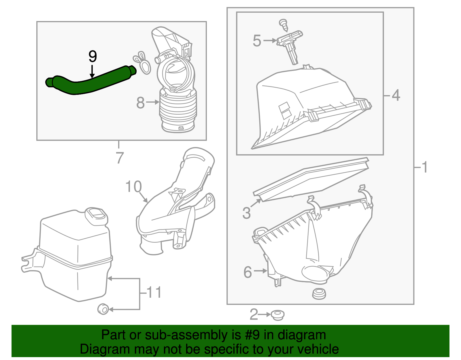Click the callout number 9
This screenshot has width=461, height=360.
point(92,56)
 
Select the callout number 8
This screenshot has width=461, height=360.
point(140,103)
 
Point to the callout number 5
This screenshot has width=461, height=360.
point(257,41)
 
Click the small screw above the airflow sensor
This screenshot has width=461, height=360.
point(284,25)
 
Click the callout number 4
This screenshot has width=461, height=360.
point(396,95)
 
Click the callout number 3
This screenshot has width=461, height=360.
point(247,213)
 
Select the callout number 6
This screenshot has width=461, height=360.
point(248,272)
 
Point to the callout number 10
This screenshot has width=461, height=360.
point(134,187)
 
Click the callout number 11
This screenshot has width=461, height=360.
point(154,292)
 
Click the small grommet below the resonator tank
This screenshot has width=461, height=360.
point(103,309)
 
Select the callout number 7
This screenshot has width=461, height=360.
point(119,158)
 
